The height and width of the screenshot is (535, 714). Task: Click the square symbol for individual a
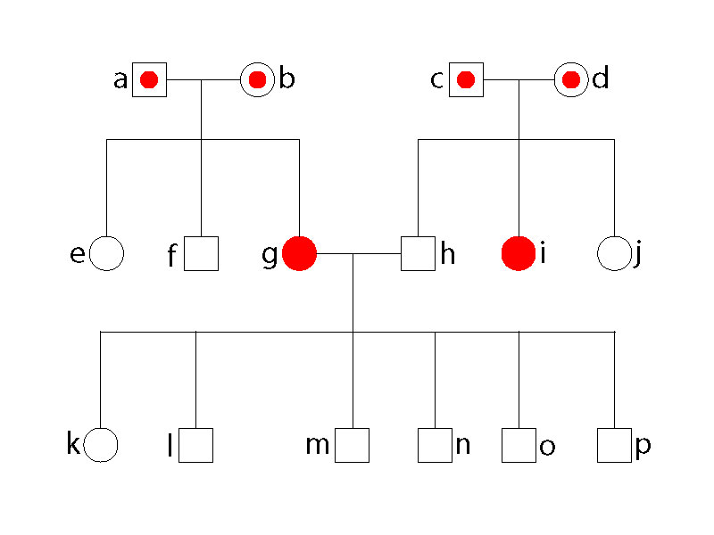[149, 80]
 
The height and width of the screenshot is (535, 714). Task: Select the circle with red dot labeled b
[257, 80]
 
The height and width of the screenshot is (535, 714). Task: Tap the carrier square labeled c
[465, 80]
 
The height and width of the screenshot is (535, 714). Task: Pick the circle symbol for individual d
[570, 80]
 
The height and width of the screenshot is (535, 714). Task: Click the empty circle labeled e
[107, 254]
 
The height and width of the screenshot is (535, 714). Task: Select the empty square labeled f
[202, 254]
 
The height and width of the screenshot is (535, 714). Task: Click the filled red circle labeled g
[299, 254]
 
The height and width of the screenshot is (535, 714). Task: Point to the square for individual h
[417, 254]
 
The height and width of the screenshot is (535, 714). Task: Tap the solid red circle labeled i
[519, 254]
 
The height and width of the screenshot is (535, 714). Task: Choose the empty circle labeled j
[614, 254]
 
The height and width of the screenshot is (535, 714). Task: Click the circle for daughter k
[102, 444]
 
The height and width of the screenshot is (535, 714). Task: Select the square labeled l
[195, 445]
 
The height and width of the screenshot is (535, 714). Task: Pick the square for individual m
[353, 445]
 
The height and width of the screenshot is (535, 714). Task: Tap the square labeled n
[435, 445]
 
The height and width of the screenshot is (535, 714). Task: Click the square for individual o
[519, 445]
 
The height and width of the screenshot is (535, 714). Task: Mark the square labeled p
[614, 445]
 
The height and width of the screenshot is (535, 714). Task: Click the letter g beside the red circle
[270, 256]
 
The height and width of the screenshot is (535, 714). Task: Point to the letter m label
[318, 444]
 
